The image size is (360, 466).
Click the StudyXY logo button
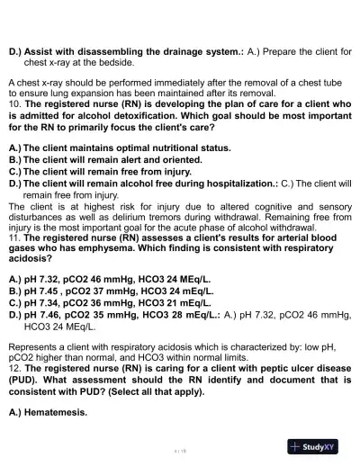tap(319, 446)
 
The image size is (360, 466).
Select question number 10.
tap(13, 105)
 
